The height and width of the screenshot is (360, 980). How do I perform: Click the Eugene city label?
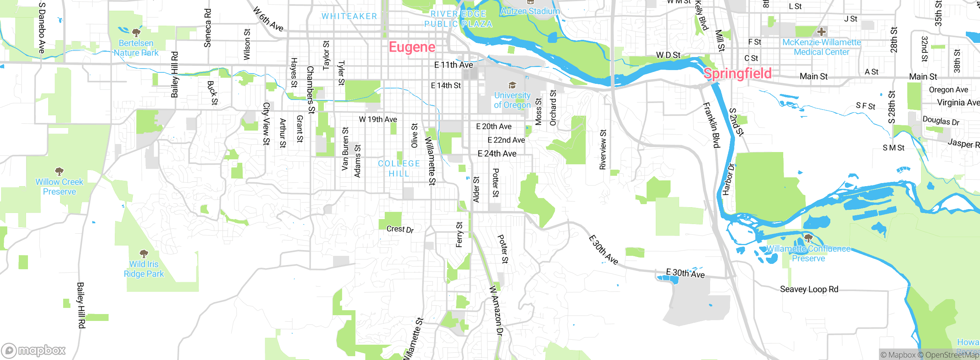click(x=412, y=47)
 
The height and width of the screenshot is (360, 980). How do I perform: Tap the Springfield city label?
click(x=737, y=74)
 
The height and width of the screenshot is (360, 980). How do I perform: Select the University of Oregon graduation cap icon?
click(x=512, y=85)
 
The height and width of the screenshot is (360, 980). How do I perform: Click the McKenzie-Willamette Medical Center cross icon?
click(x=821, y=32)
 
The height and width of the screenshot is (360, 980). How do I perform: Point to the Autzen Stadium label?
click(x=530, y=11)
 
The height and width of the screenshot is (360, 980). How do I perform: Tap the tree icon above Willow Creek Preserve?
click(x=59, y=171)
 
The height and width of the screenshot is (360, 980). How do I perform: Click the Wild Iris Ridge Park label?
click(x=144, y=269)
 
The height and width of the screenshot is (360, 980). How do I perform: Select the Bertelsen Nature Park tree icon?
click(x=136, y=32)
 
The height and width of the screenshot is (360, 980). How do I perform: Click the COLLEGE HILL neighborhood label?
click(x=399, y=169)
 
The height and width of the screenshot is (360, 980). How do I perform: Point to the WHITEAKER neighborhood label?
click(x=349, y=16)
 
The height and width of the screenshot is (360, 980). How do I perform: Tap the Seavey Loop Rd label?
click(x=809, y=289)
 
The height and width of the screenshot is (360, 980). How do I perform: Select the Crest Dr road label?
click(x=400, y=229)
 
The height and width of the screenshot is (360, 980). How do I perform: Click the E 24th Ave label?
click(x=497, y=154)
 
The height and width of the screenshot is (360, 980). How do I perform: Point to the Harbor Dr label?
click(x=728, y=179)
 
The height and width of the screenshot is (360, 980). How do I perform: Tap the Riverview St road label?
click(x=603, y=149)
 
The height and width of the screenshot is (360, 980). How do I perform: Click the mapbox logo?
click(x=34, y=350)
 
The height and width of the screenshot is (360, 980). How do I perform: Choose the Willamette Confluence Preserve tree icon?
click(x=808, y=238)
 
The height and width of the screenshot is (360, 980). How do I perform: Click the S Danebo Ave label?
click(x=42, y=28)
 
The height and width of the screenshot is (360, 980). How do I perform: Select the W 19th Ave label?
click(x=378, y=119)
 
